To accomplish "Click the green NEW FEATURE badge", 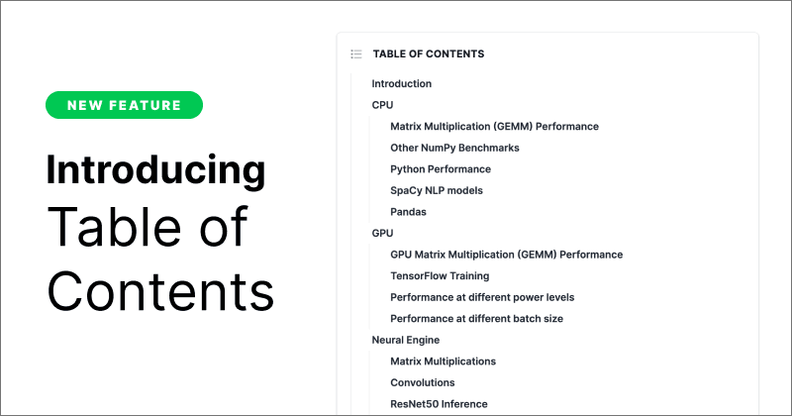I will (124, 105).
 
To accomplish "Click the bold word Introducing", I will (155, 169).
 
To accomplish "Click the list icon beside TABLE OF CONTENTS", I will (356, 54).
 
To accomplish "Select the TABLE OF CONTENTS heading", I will (428, 54).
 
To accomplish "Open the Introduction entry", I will (401, 84).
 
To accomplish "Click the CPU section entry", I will (383, 105).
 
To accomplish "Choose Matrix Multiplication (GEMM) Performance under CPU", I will (494, 127).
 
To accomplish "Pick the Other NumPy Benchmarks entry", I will (454, 148).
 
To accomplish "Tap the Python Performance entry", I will (440, 169).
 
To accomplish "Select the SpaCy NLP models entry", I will (437, 190).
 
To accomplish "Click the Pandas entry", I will (410, 212).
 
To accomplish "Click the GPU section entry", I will (383, 234).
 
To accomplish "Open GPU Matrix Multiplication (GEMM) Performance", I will (506, 255).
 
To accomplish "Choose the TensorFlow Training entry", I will (440, 276).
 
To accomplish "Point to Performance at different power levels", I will (482, 297).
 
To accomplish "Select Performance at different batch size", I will (477, 319).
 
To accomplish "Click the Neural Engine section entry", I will (405, 340).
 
